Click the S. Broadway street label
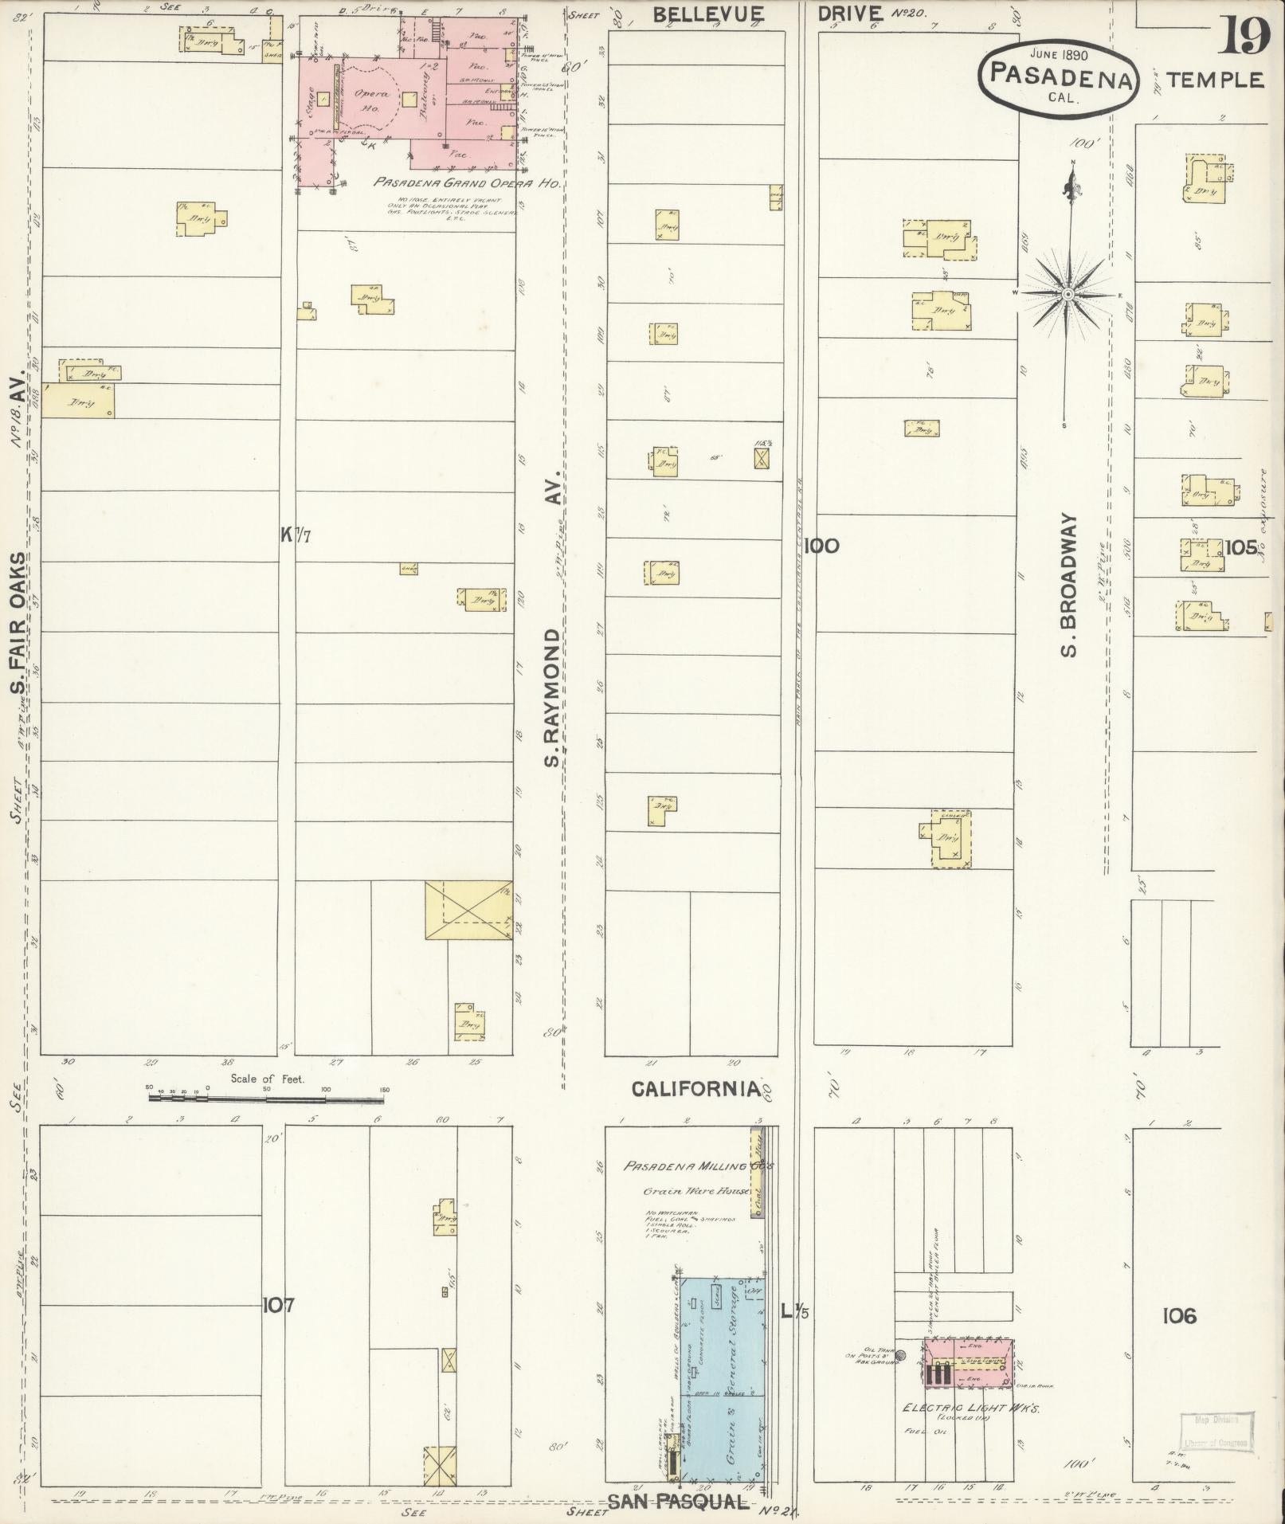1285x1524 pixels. (1069, 586)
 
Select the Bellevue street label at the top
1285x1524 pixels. (709, 14)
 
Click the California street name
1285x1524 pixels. (695, 1089)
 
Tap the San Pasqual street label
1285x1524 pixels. (678, 1502)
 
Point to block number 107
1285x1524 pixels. (278, 1305)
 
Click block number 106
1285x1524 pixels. (1179, 1316)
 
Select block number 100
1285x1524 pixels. (822, 546)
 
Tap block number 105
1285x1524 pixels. (1241, 547)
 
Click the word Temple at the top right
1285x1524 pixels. (1215, 80)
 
